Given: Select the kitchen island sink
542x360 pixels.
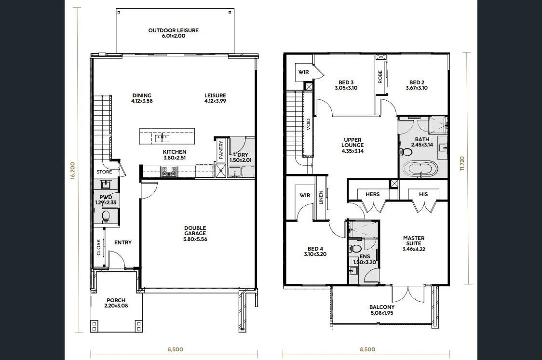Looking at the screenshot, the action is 162,138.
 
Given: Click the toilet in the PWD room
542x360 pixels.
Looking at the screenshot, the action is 106,216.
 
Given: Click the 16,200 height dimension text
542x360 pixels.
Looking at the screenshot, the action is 72,171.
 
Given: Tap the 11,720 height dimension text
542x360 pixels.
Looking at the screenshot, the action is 462,164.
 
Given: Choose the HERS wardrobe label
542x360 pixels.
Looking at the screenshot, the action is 373,194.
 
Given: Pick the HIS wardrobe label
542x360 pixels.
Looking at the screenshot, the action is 423,194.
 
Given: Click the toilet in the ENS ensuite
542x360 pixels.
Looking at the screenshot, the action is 355,248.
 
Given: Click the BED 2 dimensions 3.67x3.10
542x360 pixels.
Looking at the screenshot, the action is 417,88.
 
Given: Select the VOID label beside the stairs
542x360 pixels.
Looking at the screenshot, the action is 308,124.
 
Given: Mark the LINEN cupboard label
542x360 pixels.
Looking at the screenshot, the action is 321,197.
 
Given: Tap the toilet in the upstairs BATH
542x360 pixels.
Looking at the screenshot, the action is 406,152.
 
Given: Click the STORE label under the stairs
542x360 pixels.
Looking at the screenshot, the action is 104,172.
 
